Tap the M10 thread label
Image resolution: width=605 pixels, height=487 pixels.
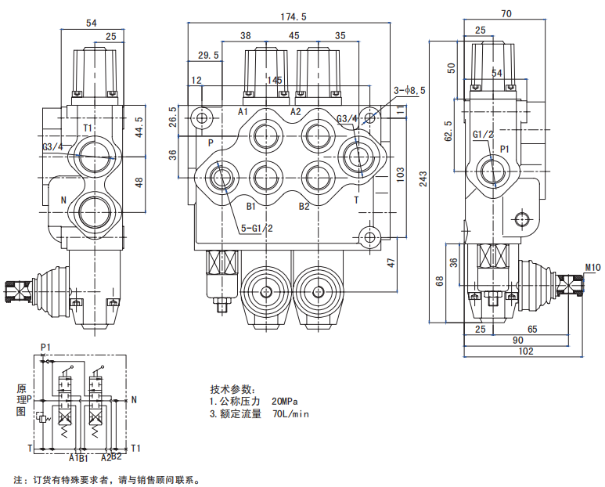click(x=592, y=268)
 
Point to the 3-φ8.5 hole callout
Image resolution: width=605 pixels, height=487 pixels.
click(x=409, y=91)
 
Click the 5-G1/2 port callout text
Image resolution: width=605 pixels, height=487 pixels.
click(x=256, y=229)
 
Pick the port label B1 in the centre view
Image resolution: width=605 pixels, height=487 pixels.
click(x=251, y=207)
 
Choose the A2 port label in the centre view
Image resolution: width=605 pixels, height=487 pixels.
click(x=296, y=112)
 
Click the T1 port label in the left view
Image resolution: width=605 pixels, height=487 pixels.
click(x=88, y=128)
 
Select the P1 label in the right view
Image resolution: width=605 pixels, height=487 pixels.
click(x=505, y=148)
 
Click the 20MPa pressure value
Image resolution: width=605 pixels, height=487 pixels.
click(x=286, y=402)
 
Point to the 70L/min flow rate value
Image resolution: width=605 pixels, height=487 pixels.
click(x=291, y=414)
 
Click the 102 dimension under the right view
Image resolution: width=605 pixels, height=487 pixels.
click(x=525, y=352)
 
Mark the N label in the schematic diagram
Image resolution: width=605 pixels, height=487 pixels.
click(x=134, y=400)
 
